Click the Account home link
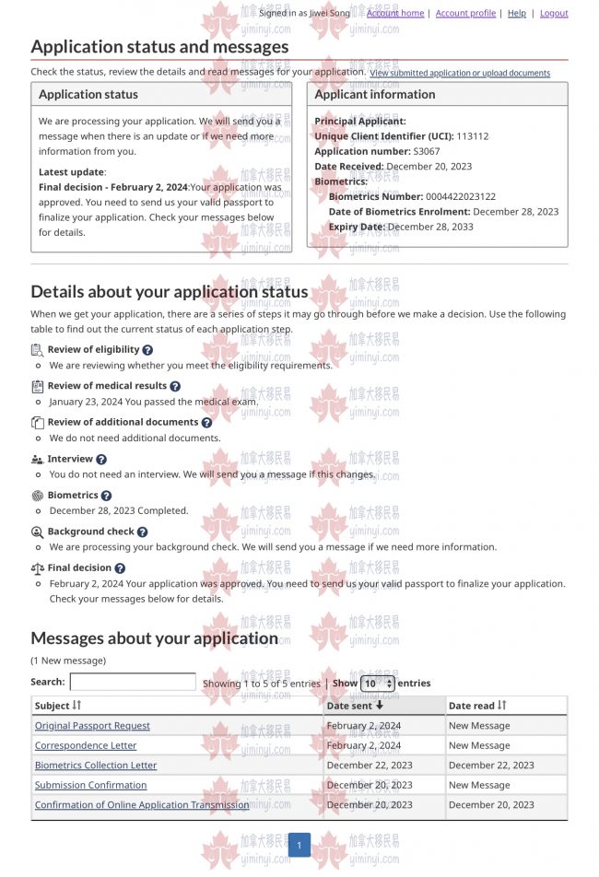(x=395, y=13)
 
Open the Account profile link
(x=465, y=13)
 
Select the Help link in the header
(x=517, y=13)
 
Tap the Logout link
(x=554, y=13)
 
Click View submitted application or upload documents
(x=460, y=73)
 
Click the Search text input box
(x=133, y=683)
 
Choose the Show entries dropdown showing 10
(x=378, y=684)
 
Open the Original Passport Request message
(x=92, y=726)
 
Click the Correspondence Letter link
(x=86, y=745)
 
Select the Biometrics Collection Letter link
(x=96, y=766)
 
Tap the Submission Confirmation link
(x=90, y=785)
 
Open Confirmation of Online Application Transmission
(x=142, y=805)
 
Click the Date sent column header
(x=355, y=706)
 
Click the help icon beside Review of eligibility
(x=147, y=350)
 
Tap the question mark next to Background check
(x=142, y=532)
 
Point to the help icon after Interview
(x=101, y=460)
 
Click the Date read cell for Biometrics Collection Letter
(x=491, y=766)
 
